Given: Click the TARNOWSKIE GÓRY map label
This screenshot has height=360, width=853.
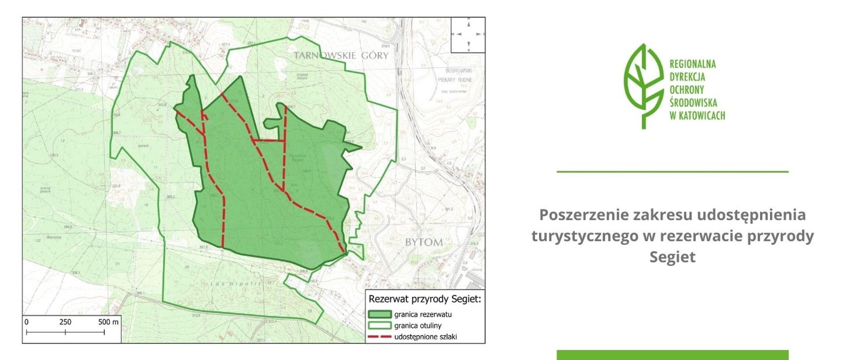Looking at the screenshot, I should pos(341,56).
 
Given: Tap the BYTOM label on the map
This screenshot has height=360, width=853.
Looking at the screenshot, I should pos(424,242).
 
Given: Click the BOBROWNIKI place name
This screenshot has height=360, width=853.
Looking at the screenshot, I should pos(458,71).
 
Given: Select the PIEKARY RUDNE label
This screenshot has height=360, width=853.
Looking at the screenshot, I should pos(455,80).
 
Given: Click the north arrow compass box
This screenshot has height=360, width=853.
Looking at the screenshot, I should pos(468,35).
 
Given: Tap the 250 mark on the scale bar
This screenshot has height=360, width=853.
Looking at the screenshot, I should pos(65,322).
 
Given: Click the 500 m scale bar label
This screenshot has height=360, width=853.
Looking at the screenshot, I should pos(108,322).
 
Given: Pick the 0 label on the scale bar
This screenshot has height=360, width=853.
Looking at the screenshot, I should pos(27,322).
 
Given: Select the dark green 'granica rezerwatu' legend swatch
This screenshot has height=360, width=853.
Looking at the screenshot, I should pos(379,314).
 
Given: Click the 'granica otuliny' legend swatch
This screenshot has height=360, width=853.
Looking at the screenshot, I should pos(379,325).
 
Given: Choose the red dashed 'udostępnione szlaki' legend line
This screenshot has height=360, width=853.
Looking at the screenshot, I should pos(379,337).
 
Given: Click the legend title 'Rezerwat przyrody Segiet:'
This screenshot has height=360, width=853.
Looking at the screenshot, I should pos(425,299).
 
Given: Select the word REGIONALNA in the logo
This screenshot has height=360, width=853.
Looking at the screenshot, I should pos(693,64).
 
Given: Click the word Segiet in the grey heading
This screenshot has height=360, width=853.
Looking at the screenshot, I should pos(672,257).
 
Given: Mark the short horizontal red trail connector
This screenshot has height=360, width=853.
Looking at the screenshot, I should pos(269,140).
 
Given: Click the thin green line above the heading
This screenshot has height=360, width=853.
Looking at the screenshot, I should pos(672,172).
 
